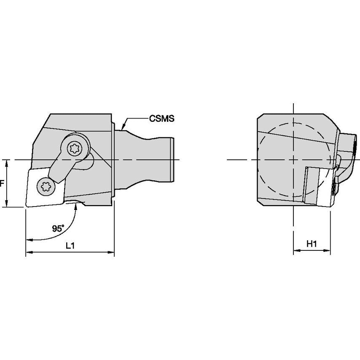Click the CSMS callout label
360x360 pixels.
161,118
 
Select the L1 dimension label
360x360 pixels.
70,246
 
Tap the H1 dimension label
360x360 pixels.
312,244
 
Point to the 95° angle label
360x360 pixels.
58,228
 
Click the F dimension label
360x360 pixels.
2,183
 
